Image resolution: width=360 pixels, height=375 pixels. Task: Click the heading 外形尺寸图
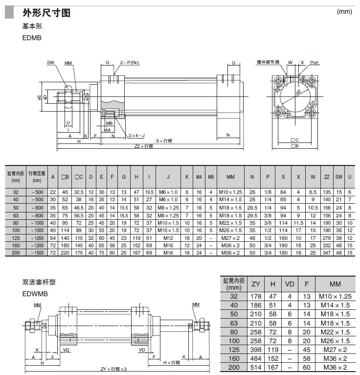46,13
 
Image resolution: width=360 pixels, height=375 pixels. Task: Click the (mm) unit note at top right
344,11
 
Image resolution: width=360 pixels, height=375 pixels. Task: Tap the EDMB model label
32,37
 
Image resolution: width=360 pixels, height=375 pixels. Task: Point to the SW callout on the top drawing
50,63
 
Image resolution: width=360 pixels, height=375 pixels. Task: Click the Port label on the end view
314,63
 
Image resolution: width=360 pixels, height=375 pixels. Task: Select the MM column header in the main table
230,177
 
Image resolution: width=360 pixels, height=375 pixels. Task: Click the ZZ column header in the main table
327,177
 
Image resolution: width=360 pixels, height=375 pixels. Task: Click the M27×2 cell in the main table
230,237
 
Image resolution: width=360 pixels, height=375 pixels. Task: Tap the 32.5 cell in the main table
79,192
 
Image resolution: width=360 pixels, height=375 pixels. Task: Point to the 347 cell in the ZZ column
327,253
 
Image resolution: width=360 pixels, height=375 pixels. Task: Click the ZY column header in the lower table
256,284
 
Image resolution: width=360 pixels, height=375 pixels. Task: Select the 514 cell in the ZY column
256,367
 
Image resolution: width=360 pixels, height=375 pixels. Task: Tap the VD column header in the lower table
290,284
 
